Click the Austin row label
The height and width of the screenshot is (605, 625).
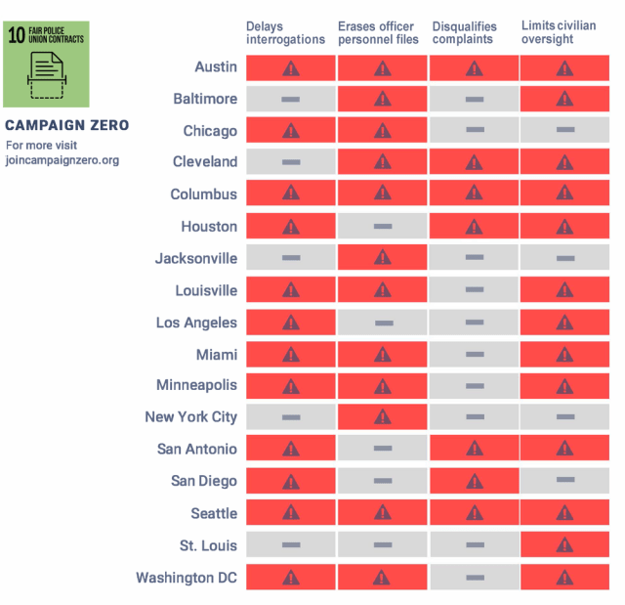point(216,66)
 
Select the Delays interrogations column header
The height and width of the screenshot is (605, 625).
point(285,32)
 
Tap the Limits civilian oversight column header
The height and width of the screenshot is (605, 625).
point(561,32)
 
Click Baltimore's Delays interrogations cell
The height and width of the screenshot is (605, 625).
point(290,99)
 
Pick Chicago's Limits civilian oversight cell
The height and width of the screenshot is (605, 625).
point(564,131)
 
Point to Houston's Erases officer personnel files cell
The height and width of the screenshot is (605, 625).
point(382,227)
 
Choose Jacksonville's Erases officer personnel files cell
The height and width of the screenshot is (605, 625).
point(382,258)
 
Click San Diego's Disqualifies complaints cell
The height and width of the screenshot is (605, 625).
point(474,481)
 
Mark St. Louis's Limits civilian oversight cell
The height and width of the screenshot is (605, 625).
point(564,545)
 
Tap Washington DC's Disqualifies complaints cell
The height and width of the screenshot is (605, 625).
point(474,578)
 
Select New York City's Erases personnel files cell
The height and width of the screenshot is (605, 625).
point(382,417)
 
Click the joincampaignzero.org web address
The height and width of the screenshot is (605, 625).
point(62,160)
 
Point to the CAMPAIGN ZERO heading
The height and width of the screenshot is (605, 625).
point(66,126)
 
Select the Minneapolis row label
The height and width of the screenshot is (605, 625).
point(196,385)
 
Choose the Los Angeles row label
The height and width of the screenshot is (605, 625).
point(196,323)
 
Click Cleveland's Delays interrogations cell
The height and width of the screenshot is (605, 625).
point(290,162)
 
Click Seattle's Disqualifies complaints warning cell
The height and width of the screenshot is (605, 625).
point(474,513)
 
